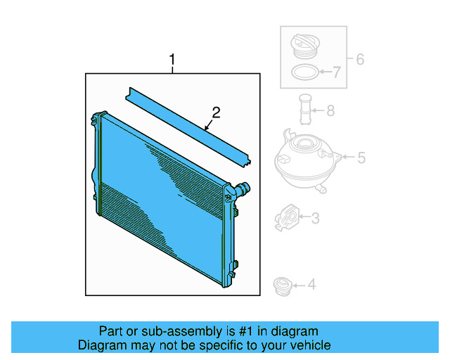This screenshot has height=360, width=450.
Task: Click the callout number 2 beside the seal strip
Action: pos(217,112)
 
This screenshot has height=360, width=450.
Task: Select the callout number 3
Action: pos(315,219)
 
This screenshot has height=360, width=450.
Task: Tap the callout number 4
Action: pos(311,285)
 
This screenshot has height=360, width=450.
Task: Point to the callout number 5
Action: pos(361,158)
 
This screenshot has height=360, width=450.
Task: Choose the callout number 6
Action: pos(359,60)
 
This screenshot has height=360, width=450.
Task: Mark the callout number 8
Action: pos(330,110)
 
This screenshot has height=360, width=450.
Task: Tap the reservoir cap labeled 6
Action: pos(303,48)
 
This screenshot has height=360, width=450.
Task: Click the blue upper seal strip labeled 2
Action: pos(186,127)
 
